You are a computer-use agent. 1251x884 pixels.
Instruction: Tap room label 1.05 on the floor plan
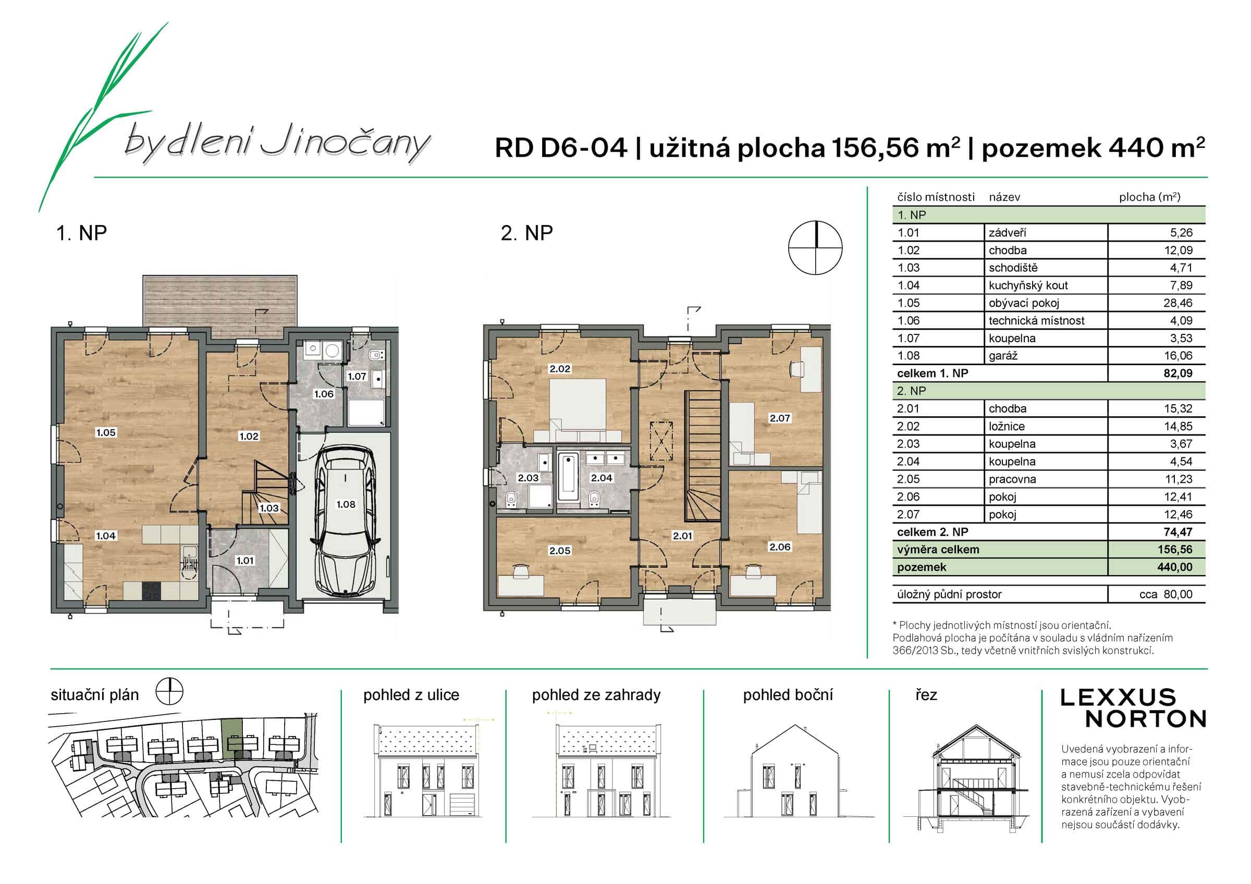(106, 432)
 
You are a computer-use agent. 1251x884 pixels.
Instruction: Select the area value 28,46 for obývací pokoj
(1178, 303)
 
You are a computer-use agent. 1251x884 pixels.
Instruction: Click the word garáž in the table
(1003, 356)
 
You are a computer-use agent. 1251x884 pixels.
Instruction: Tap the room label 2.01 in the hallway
(682, 536)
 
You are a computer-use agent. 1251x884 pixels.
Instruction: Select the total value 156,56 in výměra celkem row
(1175, 550)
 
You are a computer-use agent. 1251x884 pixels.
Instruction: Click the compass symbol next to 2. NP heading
(815, 248)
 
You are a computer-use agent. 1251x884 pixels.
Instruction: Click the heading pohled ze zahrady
(596, 695)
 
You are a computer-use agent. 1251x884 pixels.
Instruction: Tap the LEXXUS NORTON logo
(1133, 708)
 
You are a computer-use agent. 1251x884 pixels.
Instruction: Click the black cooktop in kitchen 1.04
(152, 591)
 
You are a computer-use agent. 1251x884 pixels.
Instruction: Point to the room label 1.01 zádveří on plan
(244, 561)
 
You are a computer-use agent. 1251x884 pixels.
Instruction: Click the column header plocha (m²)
(1149, 197)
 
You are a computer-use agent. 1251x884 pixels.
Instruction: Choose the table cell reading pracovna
(1012, 479)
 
